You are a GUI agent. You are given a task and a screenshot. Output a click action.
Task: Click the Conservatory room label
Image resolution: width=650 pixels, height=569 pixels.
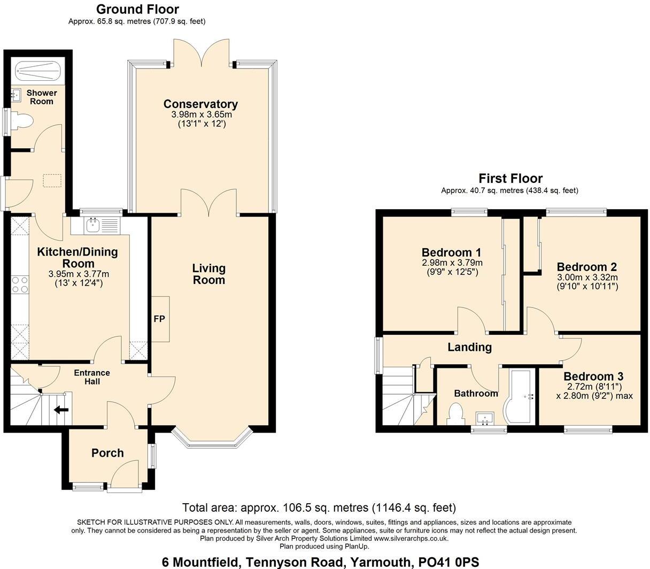point(200,104)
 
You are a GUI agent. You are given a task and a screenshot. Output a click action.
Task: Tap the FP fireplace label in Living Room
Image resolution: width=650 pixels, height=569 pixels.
point(159,319)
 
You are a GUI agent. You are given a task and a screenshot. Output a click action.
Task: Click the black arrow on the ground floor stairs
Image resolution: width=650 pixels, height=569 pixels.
point(61,410)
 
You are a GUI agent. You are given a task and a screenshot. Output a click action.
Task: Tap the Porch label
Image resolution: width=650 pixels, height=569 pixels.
point(107,453)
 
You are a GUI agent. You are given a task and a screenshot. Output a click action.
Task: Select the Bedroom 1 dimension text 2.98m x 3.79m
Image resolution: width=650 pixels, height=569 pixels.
point(452,263)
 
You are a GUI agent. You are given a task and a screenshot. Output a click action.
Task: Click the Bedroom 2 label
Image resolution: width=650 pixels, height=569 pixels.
point(587,267)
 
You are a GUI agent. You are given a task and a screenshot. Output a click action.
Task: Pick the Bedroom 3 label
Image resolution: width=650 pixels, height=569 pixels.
point(593,376)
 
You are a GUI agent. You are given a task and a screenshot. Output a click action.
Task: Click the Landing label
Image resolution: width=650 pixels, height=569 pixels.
point(469,347)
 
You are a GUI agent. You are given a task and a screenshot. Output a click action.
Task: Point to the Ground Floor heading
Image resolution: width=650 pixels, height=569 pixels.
point(137,9)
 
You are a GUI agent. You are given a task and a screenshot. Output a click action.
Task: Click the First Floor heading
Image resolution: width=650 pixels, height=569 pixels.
point(510,178)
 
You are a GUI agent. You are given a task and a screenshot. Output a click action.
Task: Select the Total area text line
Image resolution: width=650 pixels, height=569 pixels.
point(319,508)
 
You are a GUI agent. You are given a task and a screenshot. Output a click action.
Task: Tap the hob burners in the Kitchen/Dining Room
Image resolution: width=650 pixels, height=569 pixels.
point(20,284)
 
